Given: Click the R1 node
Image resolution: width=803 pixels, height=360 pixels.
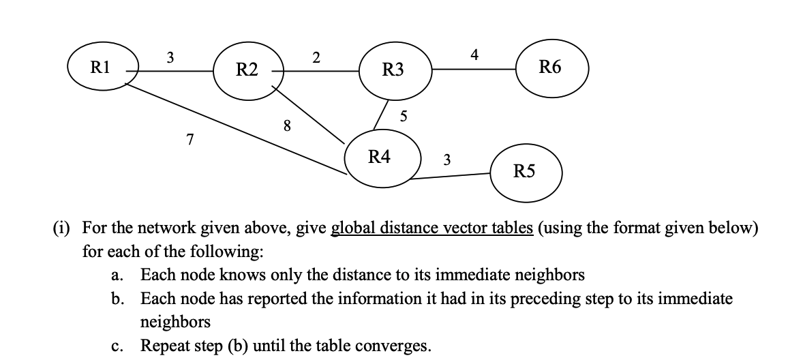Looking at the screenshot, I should (x=103, y=67).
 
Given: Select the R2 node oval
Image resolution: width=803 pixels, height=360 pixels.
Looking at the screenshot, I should (x=247, y=70).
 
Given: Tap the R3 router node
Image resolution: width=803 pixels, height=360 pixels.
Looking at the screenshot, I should (x=393, y=70).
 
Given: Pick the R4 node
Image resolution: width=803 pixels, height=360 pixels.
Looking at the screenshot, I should (x=380, y=157).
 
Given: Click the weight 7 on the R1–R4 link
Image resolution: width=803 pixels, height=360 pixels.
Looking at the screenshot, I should (x=190, y=140).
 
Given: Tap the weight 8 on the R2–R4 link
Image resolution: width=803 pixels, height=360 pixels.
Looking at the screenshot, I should (x=287, y=125).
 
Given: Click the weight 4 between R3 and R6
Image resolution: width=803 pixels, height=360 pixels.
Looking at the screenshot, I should (x=474, y=54).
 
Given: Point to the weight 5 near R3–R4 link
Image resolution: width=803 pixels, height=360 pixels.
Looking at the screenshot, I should (x=404, y=117).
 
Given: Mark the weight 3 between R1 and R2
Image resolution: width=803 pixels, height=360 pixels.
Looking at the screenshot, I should (x=170, y=57).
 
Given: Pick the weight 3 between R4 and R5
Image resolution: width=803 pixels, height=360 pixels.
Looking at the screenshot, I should (x=446, y=160).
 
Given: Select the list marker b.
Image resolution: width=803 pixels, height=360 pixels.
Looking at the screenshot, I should (x=117, y=299).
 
